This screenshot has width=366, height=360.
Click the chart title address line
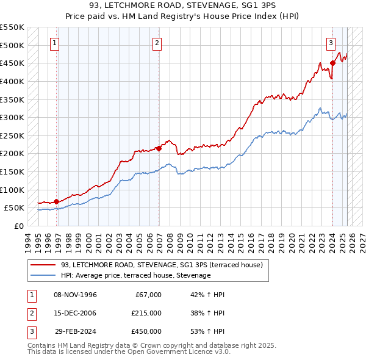(182, 6)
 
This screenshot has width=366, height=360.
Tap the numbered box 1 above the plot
(56, 43)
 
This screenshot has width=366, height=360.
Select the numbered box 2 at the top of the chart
(157, 43)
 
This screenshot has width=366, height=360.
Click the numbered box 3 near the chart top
(331, 43)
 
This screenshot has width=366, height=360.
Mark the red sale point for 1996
(56, 201)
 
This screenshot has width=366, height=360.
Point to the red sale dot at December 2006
(159, 148)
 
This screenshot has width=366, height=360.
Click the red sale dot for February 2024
(332, 63)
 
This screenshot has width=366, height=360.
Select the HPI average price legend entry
(135, 276)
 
